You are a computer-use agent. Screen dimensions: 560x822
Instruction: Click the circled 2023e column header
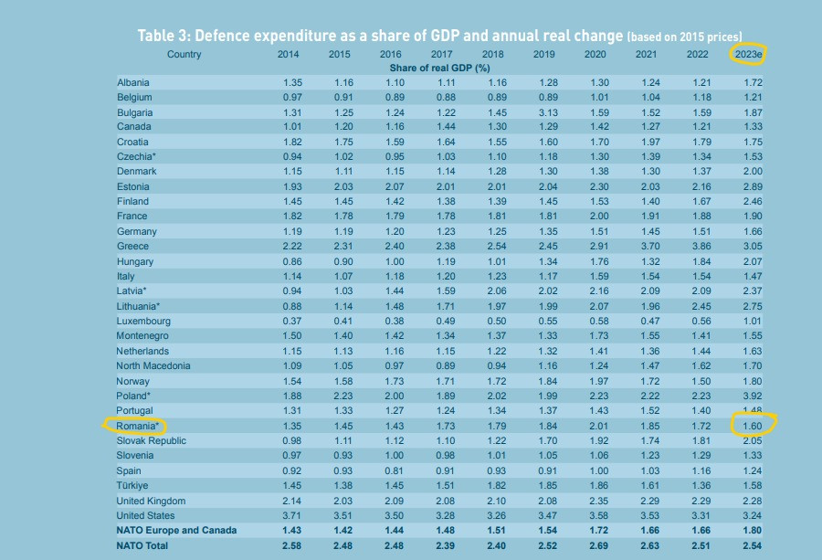(x=749, y=55)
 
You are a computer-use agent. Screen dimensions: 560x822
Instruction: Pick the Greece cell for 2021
(x=648, y=247)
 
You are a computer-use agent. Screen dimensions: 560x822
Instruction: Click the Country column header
(x=184, y=55)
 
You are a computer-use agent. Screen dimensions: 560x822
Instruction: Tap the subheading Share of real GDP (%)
(x=440, y=69)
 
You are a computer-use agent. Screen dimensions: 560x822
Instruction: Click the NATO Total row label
(x=142, y=545)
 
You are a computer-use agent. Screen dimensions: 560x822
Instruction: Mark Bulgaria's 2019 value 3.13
(x=547, y=111)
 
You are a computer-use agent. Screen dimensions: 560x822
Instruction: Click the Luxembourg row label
(x=143, y=322)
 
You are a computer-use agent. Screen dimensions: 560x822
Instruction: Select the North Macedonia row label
(x=153, y=366)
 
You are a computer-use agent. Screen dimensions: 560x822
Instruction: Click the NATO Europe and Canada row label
(x=176, y=531)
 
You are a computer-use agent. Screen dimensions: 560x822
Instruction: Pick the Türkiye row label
(x=132, y=486)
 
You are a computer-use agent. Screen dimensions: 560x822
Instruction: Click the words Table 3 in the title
(x=163, y=36)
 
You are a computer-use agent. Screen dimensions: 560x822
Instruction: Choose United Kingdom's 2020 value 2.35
(x=598, y=501)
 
